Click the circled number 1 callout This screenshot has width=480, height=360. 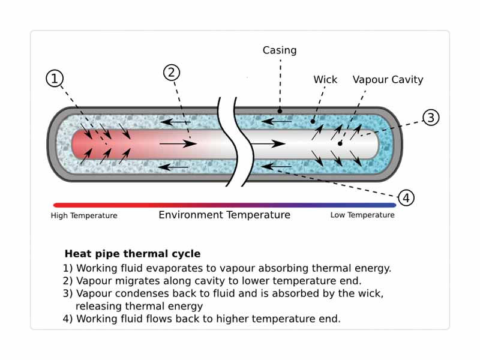pyautogui.click(x=55, y=78)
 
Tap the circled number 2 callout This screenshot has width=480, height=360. pyautogui.click(x=172, y=73)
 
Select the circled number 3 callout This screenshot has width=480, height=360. pyautogui.click(x=431, y=118)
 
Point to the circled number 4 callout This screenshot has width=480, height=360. pyautogui.click(x=406, y=197)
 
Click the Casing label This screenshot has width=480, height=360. pyautogui.click(x=280, y=50)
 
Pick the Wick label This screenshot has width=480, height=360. pyautogui.click(x=325, y=79)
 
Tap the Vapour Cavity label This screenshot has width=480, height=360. pyautogui.click(x=388, y=79)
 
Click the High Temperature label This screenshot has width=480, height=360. pyautogui.click(x=84, y=215)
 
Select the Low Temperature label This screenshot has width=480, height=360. pyautogui.click(x=362, y=215)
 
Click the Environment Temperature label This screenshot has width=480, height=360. pyautogui.click(x=224, y=215)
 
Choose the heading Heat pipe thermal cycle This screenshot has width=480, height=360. pyautogui.click(x=133, y=254)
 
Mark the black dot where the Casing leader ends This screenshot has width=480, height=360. pyautogui.click(x=280, y=111)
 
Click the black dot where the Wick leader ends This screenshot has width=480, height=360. pyautogui.click(x=313, y=121)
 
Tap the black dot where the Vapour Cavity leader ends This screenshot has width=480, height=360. pyautogui.click(x=340, y=143)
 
